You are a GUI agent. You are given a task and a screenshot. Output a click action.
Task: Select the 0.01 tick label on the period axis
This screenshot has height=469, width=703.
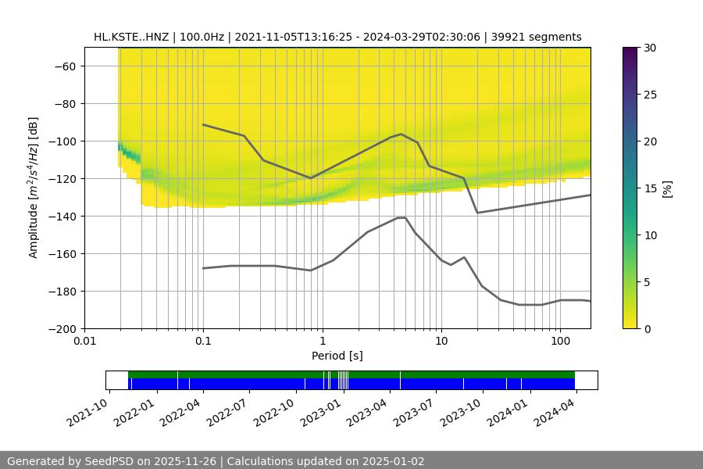coord(84,342)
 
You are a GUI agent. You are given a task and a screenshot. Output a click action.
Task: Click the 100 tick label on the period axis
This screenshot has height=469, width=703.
coord(559,342)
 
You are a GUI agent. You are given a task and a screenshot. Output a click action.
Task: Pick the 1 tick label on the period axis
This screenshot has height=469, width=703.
coord(322,342)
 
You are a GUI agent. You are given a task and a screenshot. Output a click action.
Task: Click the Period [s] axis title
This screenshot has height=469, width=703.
coord(337,356)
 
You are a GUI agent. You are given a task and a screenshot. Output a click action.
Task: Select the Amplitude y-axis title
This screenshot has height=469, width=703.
coord(33,188)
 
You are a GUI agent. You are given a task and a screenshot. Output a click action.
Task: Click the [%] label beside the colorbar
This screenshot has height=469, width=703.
coord(666,188)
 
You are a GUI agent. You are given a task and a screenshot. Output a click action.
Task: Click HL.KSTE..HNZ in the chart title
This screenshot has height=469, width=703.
coord(130,37)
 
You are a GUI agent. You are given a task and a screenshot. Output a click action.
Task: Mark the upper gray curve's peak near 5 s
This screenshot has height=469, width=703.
coord(401,134)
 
